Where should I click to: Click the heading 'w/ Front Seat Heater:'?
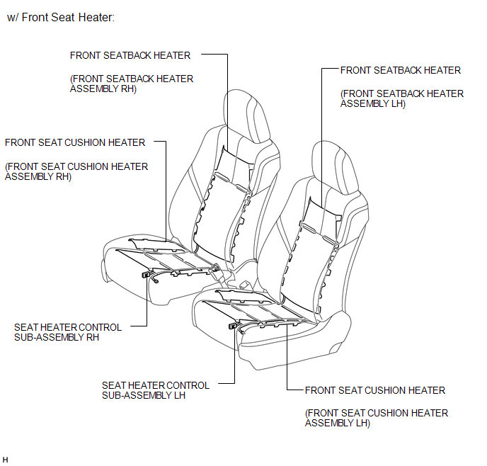point(61,18)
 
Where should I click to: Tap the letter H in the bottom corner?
point(5,460)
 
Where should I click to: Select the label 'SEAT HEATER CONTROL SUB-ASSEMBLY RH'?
point(68,332)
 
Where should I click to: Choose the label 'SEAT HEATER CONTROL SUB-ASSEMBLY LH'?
point(156,390)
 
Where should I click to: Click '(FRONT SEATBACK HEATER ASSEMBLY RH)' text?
point(132,84)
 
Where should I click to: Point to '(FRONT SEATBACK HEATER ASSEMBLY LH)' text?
point(402,98)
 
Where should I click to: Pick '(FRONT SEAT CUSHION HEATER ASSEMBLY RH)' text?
point(76,171)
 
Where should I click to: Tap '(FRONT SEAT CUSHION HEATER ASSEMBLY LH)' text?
point(377,418)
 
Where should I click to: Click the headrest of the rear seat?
point(246,116)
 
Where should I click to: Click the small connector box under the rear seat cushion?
point(145,275)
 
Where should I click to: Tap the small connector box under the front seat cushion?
point(232,326)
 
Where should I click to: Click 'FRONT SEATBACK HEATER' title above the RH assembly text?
point(130,55)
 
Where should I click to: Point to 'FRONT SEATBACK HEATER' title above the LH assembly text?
point(401,70)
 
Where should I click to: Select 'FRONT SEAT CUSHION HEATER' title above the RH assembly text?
point(75,142)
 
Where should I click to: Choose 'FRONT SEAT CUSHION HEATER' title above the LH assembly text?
point(375,390)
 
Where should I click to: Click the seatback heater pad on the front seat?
point(311,255)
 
